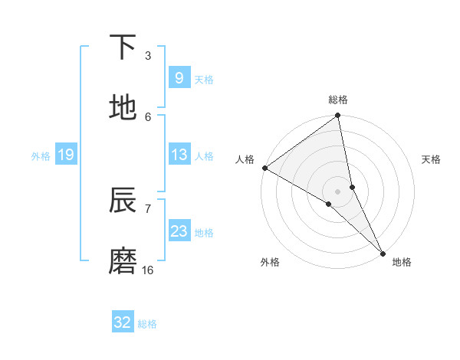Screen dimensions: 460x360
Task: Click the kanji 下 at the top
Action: (x=123, y=47)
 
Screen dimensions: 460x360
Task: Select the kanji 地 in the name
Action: (x=123, y=108)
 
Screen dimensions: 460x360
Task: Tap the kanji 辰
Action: (x=123, y=201)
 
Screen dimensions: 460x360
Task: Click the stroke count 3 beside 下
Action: (x=148, y=55)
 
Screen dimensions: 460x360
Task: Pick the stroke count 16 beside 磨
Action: (x=148, y=270)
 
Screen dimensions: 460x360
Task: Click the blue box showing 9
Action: (x=179, y=78)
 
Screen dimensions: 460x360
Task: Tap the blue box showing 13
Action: (x=179, y=155)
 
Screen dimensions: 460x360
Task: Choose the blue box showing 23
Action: (x=179, y=231)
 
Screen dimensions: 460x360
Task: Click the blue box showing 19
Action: (x=65, y=155)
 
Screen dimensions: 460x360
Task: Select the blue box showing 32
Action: (x=123, y=322)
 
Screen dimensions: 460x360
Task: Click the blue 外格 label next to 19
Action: (x=41, y=156)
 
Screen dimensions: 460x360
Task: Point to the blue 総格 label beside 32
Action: (x=147, y=324)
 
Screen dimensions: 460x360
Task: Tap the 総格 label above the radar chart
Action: (x=338, y=100)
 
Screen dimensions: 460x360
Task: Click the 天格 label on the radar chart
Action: (x=432, y=159)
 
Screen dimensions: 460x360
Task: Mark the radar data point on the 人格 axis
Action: (x=264, y=168)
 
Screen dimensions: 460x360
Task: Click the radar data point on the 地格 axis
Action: (x=383, y=253)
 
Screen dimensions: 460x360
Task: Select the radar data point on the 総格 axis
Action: (x=338, y=116)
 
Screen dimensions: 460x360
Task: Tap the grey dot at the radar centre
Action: (x=338, y=191)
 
